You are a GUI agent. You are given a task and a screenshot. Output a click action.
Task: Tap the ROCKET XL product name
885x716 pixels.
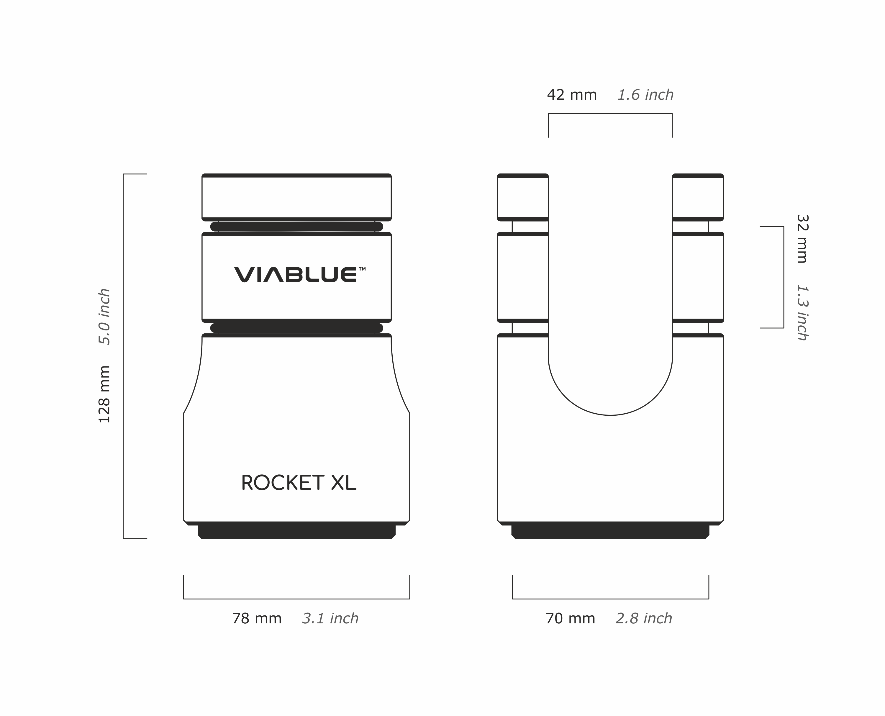[298, 483]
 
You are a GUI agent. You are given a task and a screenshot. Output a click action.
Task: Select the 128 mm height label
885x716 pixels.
[104, 394]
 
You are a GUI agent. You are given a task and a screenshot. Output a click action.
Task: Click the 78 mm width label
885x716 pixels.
[257, 619]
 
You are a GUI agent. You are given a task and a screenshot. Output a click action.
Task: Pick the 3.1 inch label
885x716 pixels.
[330, 619]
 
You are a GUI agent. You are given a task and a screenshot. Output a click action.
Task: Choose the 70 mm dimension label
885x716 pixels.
[570, 619]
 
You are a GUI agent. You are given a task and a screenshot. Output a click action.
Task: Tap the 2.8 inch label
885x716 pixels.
[644, 619]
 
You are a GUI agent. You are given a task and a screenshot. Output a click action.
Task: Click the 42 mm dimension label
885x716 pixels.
[572, 95]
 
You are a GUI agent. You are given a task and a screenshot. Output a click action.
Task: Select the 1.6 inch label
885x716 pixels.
[645, 95]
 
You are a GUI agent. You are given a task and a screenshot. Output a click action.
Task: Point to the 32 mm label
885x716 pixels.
[802, 238]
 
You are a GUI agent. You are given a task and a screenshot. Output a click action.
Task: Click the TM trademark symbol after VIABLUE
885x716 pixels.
[362, 268]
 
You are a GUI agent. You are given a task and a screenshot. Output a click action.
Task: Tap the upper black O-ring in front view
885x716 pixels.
[296, 227]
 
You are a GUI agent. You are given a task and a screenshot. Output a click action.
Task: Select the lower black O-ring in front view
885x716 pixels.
[296, 328]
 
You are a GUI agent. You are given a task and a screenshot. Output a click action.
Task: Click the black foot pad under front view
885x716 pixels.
[296, 532]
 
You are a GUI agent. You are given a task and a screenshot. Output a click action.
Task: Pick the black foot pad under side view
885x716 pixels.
[610, 532]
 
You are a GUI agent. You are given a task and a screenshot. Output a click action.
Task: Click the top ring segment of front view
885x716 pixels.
[296, 197]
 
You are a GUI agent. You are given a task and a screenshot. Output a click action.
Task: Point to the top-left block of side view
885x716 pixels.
[522, 197]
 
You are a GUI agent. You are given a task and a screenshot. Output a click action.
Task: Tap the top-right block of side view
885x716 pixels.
[698, 197]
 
